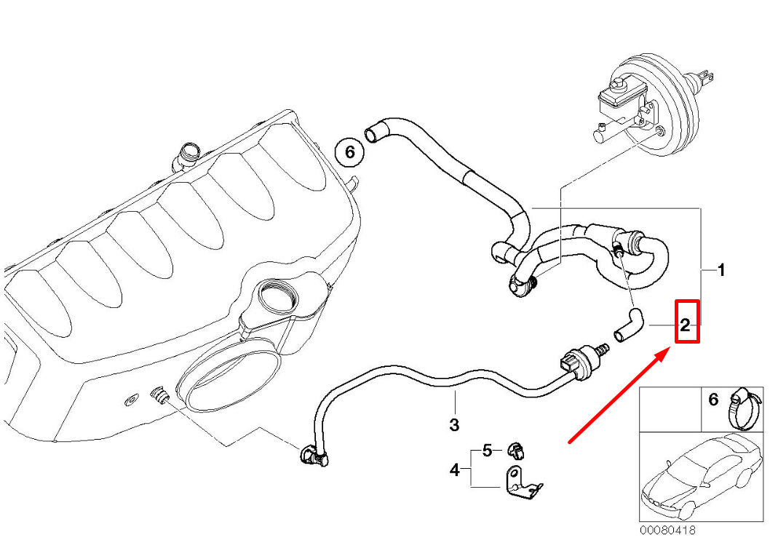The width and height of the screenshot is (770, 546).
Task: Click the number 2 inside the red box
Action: click(685, 325)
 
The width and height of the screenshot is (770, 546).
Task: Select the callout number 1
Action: click(721, 271)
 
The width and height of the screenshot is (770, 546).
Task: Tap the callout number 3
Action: click(453, 424)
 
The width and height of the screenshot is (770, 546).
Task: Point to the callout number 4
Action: click(454, 471)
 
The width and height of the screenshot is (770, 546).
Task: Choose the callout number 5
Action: click(488, 450)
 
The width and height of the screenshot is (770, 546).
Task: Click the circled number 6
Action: click(349, 152)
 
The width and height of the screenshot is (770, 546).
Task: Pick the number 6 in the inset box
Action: click(713, 399)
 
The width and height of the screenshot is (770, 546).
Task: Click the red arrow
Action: click(619, 397)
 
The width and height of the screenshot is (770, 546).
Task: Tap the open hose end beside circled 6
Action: click(373, 133)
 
